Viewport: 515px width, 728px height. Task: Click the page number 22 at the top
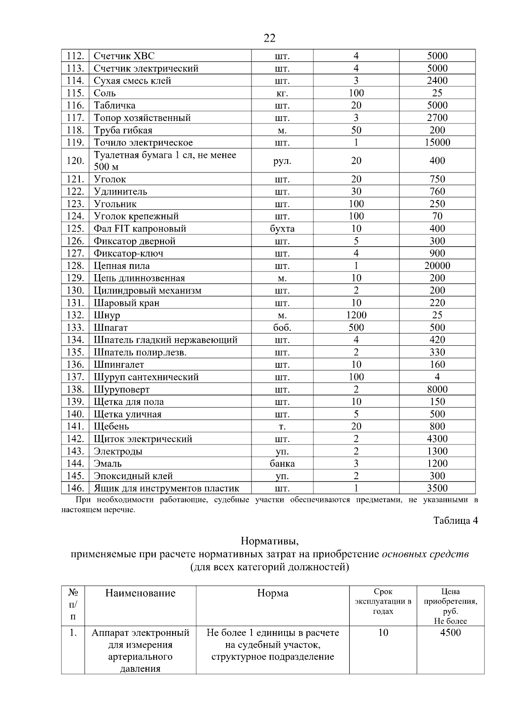[270, 38]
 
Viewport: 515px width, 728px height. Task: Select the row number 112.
[75, 56]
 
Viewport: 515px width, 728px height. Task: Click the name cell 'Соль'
[105, 93]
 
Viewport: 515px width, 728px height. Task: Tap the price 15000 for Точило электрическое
[437, 142]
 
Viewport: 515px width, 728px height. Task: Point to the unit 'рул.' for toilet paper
[282, 161]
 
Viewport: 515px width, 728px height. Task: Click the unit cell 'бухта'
[282, 229]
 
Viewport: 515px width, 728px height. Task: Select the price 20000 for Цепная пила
[437, 266]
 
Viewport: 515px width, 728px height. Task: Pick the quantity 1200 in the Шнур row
[356, 315]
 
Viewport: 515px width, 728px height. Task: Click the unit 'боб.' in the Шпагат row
[282, 327]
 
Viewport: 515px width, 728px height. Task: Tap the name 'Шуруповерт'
[121, 390]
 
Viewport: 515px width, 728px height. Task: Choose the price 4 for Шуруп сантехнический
[437, 377]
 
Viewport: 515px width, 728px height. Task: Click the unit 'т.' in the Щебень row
[282, 426]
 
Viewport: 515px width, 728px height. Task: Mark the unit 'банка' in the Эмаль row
[282, 463]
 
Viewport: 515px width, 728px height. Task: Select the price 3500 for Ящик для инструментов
[437, 488]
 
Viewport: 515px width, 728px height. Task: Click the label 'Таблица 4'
[455, 520]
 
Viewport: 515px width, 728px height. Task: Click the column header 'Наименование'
[140, 593]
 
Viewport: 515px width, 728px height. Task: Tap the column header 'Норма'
[273, 593]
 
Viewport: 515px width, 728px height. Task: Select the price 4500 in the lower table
[450, 633]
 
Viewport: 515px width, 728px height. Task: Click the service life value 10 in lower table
[383, 633]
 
